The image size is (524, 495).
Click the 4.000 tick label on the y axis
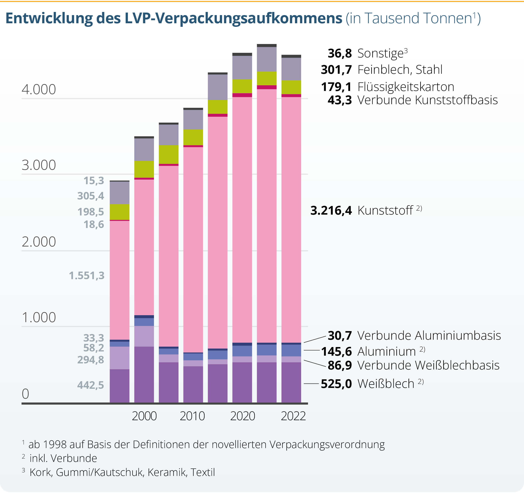tap(39, 89)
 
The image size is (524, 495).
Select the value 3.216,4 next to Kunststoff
tap(331, 211)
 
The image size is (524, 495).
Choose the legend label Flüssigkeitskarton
tap(406, 87)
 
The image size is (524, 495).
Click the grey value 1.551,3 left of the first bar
tap(86, 276)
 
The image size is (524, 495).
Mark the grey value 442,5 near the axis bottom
tap(90, 385)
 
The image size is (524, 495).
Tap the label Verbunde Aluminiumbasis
tap(429, 336)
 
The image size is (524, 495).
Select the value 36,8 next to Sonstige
tap(339, 53)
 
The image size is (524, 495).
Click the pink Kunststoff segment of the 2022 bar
tap(291, 219)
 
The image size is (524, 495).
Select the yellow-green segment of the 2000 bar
tap(144, 169)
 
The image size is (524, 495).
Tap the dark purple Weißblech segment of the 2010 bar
tap(193, 384)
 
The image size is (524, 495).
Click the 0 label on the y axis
tap(25, 394)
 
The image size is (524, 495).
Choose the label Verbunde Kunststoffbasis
tap(427, 100)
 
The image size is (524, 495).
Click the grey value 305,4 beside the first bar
tap(90, 196)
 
